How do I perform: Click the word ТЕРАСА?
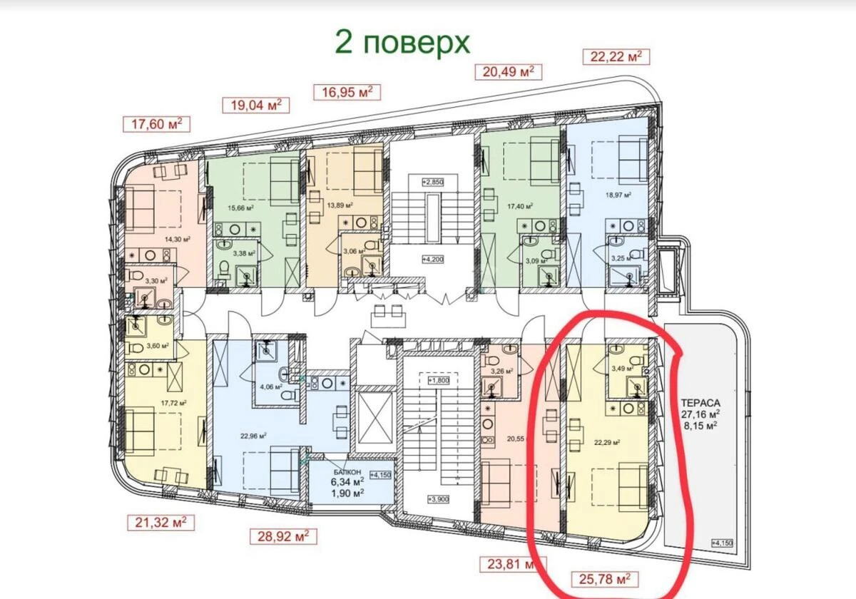[700, 400]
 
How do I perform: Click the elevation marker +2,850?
[433, 182]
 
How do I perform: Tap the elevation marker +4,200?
[433, 259]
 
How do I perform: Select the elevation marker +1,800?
[437, 381]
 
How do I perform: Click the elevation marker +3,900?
[437, 498]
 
